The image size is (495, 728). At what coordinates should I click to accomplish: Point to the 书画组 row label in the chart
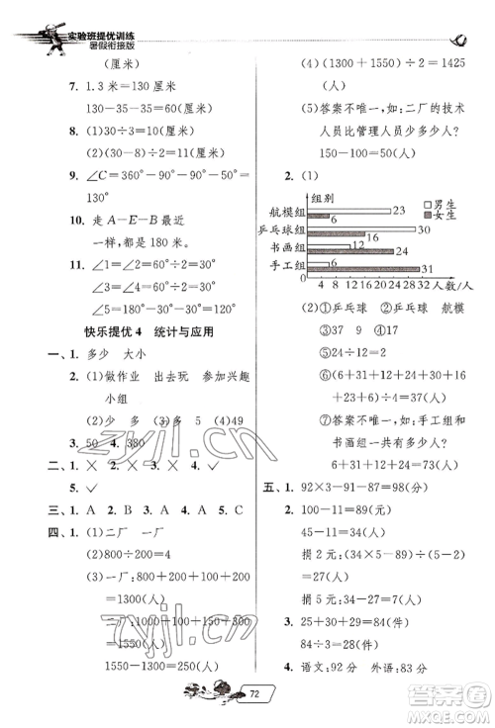285,246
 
